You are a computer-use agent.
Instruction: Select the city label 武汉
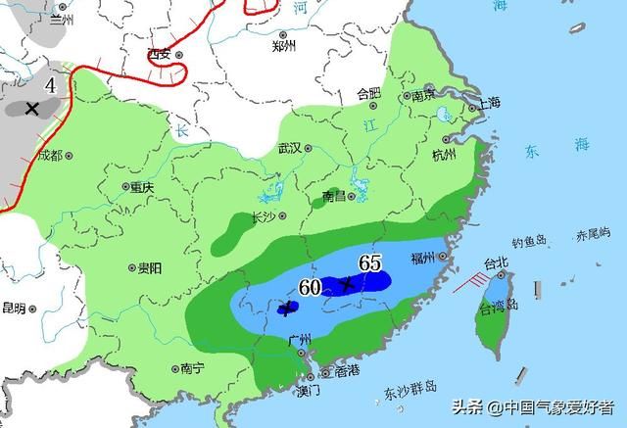point(289,149)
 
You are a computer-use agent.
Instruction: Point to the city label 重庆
point(142,186)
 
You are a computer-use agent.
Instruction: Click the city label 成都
point(49,156)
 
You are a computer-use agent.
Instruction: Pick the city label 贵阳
point(150,266)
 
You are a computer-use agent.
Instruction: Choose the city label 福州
point(423,258)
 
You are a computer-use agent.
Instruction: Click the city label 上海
point(488,103)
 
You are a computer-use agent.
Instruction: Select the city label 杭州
point(444,155)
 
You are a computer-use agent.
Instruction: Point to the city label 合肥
point(368,94)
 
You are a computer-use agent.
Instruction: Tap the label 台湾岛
point(497,309)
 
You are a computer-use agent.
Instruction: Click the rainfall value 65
point(369,262)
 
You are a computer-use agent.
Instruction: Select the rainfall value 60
point(311,287)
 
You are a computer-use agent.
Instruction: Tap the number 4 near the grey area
point(50,86)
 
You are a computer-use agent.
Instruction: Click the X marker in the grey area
point(32,108)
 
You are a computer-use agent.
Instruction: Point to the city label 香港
point(347,371)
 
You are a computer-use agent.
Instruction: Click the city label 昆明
point(14,308)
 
